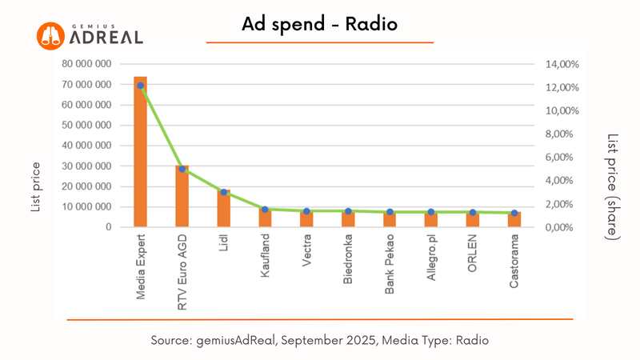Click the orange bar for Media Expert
[x=140, y=152]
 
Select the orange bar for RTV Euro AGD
[x=182, y=197]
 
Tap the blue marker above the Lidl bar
[x=224, y=192]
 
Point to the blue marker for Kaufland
[x=265, y=210]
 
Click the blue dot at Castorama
[x=514, y=213]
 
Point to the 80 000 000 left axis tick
[x=88, y=64]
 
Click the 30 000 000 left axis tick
[x=88, y=166]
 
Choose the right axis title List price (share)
[x=612, y=186]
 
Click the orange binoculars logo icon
[x=50, y=34]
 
